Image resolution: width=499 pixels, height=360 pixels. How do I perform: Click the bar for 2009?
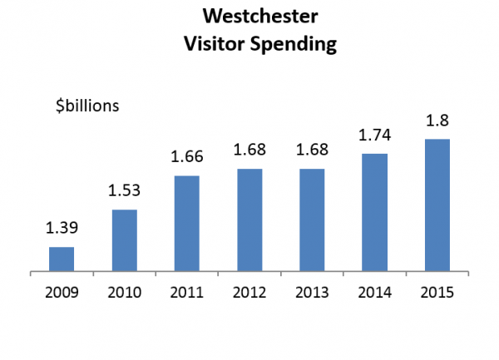click(x=62, y=259)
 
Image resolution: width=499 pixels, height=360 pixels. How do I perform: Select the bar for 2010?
click(x=124, y=240)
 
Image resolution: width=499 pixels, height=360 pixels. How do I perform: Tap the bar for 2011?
click(x=187, y=223)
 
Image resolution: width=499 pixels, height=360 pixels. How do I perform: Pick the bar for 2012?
click(x=249, y=219)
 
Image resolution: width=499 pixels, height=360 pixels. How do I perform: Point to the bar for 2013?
click(x=312, y=219)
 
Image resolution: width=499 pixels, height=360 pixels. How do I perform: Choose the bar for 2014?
click(x=375, y=212)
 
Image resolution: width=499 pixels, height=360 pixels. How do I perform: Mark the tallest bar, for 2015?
click(x=437, y=205)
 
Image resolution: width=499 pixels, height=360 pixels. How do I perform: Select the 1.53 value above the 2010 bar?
click(x=124, y=191)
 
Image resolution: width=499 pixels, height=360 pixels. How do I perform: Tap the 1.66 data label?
click(x=187, y=157)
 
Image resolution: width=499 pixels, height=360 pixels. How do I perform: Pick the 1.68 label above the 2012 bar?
click(x=249, y=150)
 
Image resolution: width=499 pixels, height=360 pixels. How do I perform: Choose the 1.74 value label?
click(x=375, y=136)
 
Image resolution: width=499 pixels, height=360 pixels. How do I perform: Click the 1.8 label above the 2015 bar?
click(x=437, y=120)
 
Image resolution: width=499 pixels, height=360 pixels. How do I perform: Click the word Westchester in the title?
click(x=250, y=17)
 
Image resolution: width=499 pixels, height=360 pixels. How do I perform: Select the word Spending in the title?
click(x=295, y=42)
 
